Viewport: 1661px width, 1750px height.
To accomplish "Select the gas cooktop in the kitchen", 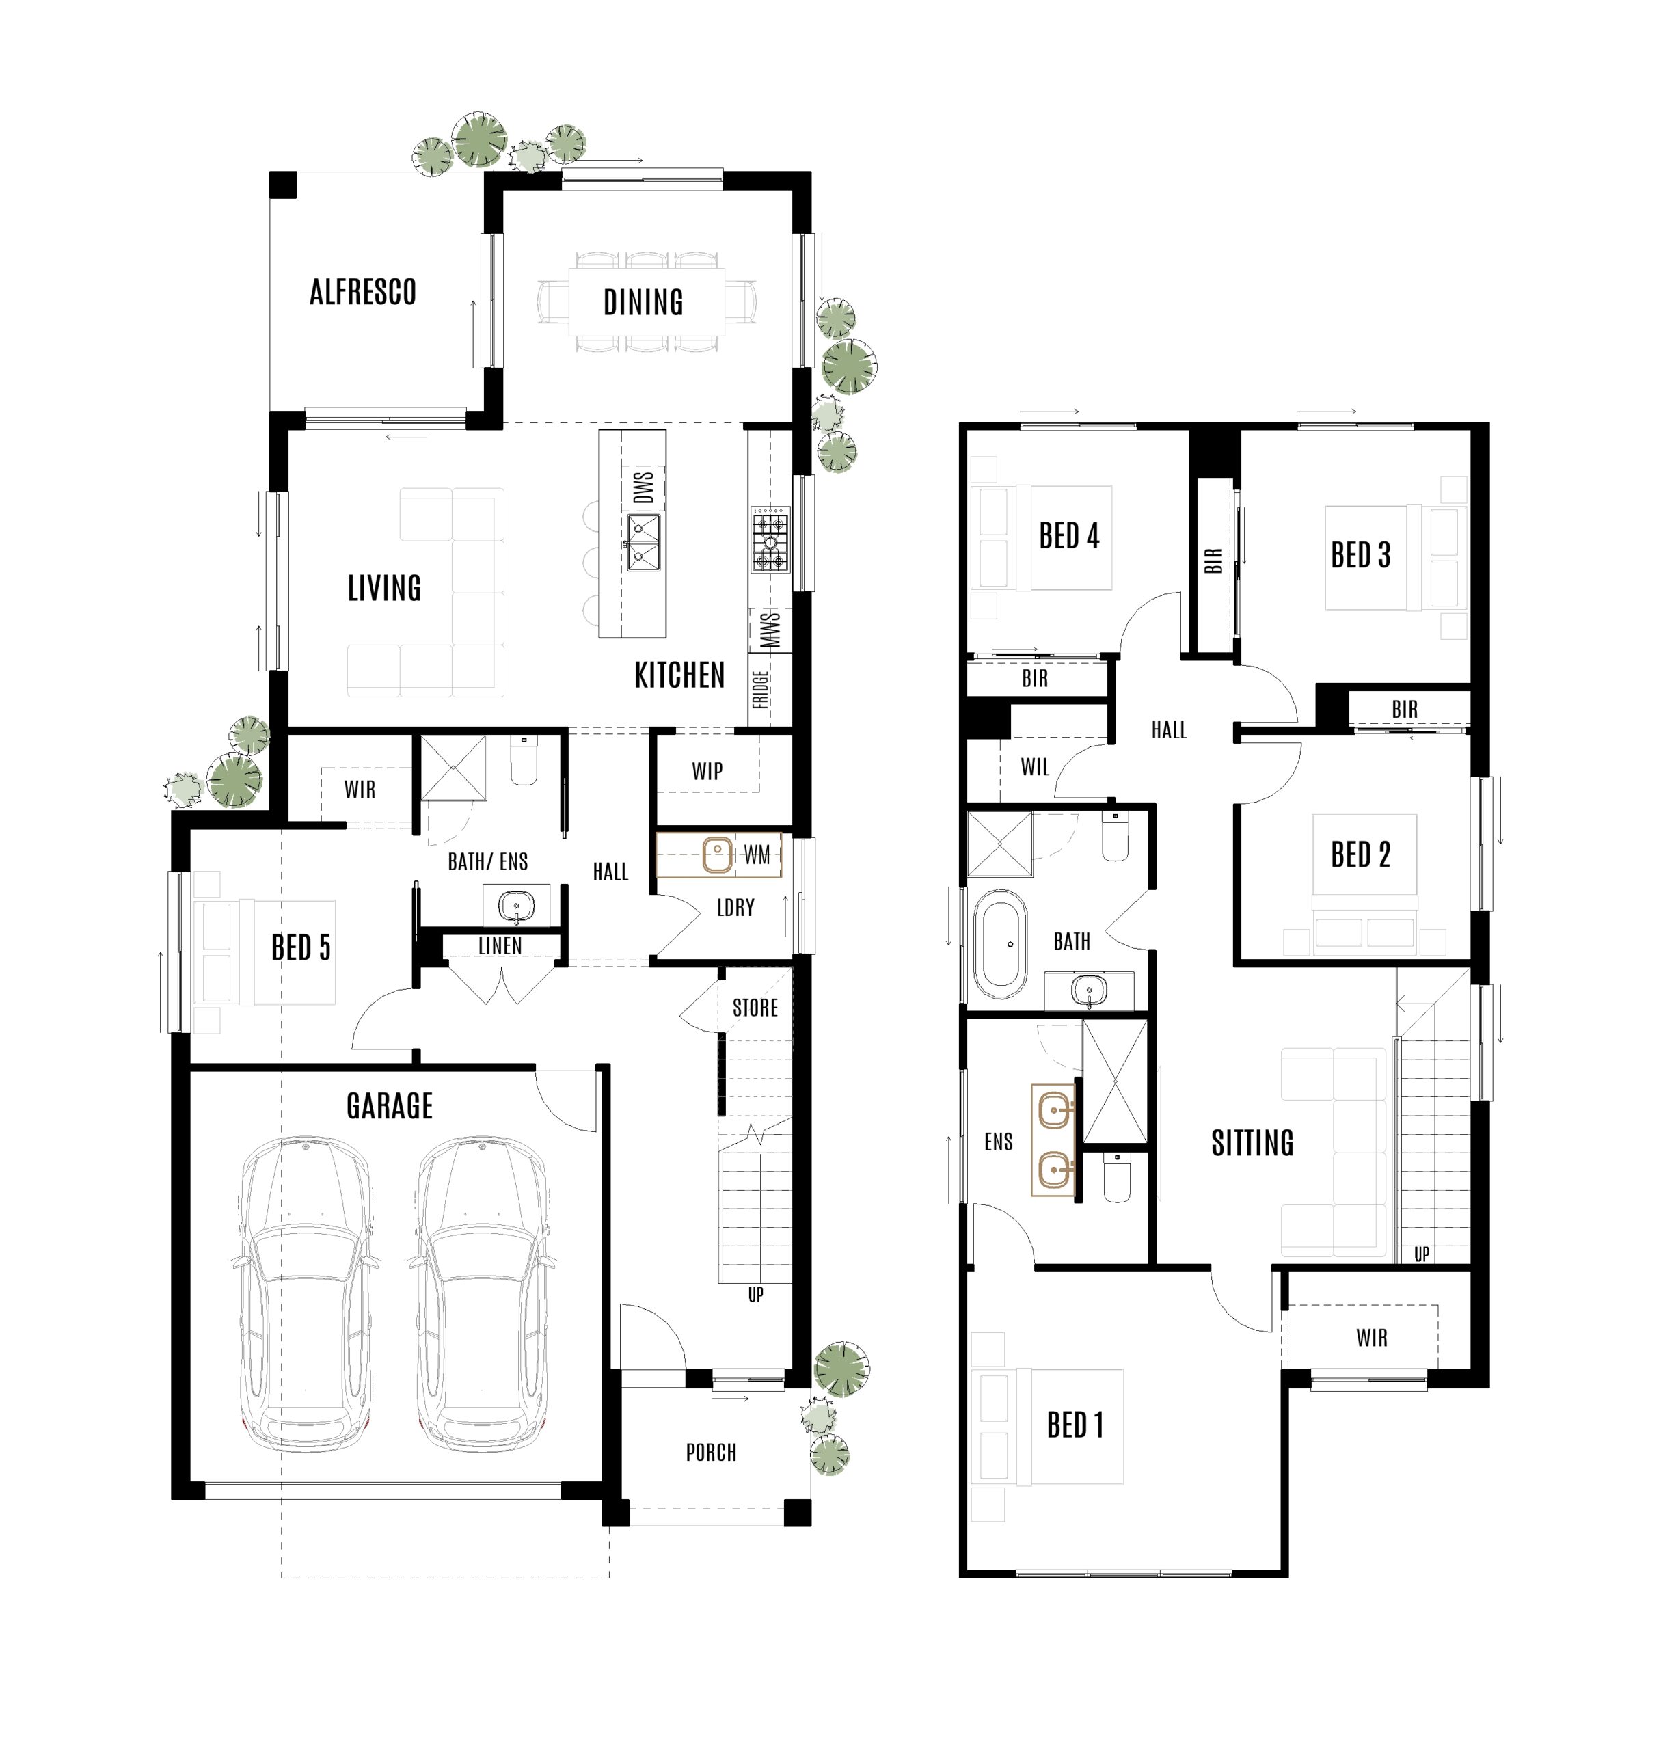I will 770,539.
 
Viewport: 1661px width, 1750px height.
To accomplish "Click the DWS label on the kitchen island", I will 644,487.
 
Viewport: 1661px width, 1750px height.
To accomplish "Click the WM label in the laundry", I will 756,854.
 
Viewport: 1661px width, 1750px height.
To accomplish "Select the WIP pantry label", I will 707,770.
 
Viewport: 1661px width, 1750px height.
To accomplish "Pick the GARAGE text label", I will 390,1105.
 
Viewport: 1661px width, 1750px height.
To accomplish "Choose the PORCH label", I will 711,1453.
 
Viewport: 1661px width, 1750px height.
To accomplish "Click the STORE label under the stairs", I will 755,1008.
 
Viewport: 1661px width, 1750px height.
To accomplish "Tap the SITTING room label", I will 1252,1144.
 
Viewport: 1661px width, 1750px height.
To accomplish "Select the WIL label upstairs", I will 1034,767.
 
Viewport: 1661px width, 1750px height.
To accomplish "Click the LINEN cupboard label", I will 500,946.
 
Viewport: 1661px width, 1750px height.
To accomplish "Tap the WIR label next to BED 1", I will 1371,1337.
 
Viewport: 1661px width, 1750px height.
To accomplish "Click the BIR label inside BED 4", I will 1034,678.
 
